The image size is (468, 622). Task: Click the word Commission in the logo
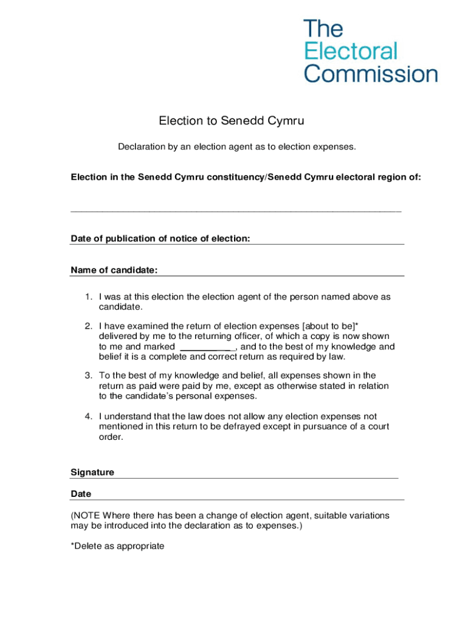[x=370, y=74]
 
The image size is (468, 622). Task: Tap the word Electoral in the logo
[x=350, y=51]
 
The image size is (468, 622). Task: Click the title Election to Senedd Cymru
[x=231, y=121]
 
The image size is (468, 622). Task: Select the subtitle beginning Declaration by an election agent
[x=236, y=147]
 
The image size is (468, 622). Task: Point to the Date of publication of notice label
[x=160, y=239]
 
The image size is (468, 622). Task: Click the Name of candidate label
[x=114, y=270]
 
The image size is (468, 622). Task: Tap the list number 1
[x=88, y=297]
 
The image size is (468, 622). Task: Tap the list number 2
[x=88, y=326]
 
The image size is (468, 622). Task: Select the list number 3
[x=88, y=375]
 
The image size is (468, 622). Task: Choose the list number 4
[x=88, y=416]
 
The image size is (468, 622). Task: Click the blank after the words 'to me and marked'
[x=208, y=347]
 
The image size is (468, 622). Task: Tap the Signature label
[x=92, y=472]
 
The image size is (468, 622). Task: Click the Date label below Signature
[x=81, y=494]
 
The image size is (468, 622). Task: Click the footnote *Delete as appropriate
[x=117, y=546]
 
